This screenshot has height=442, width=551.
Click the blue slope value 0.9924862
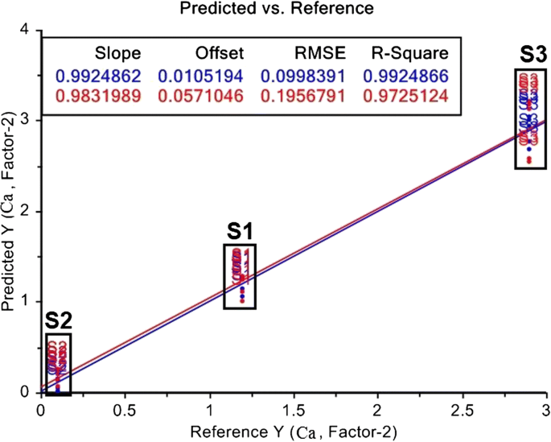click(x=99, y=77)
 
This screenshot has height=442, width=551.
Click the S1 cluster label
click(x=239, y=231)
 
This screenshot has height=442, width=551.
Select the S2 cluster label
click(x=57, y=320)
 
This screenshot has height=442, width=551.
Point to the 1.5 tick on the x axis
click(x=293, y=410)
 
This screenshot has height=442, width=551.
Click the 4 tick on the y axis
click(x=27, y=30)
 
